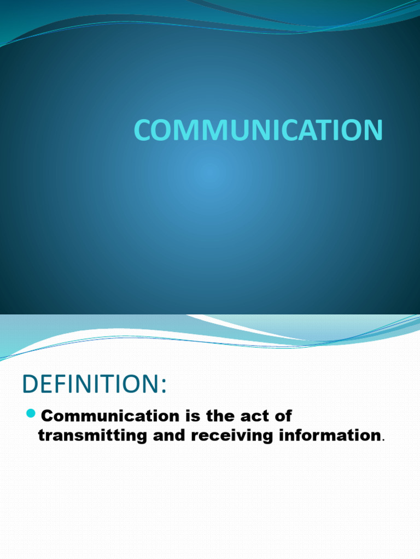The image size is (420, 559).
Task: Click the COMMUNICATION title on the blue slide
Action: click(258, 130)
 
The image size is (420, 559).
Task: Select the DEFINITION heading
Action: click(93, 384)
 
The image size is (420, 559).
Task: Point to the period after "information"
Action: click(384, 439)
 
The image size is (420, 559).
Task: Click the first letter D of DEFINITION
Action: click(31, 384)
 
